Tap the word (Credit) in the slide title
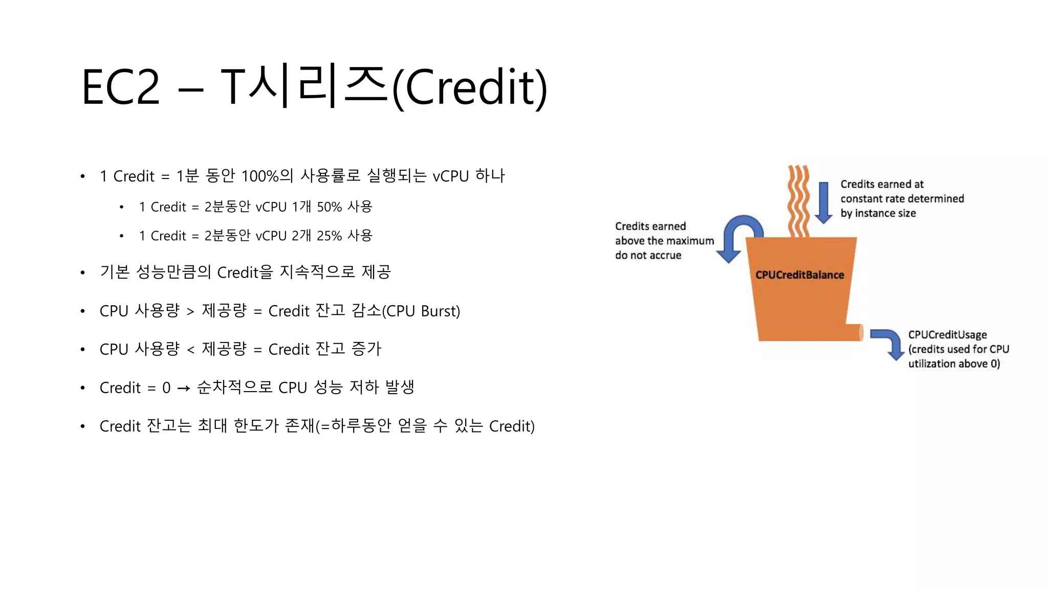click(470, 88)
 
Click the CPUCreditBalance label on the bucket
click(799, 275)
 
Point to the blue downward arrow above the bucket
click(823, 202)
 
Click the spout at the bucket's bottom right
click(855, 332)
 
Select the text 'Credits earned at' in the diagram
click(882, 184)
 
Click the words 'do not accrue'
click(648, 255)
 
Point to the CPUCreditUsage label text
click(947, 335)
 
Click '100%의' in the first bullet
click(267, 176)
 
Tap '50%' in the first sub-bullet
click(329, 207)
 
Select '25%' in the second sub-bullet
click(329, 236)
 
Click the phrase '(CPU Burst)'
click(421, 311)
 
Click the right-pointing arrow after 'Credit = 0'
click(184, 389)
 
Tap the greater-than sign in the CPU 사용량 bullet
click(190, 311)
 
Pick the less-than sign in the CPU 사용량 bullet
click(190, 350)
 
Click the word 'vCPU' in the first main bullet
click(450, 176)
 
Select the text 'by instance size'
click(878, 213)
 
